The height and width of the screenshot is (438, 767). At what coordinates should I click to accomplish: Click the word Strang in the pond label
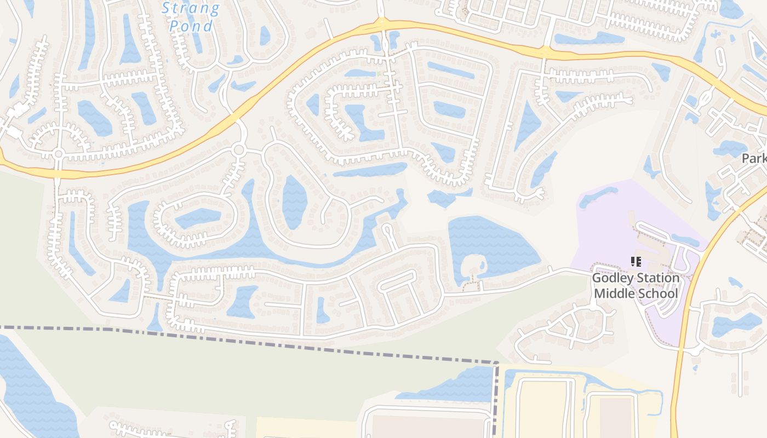(x=191, y=8)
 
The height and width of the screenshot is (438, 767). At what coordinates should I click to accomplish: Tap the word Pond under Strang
(x=191, y=26)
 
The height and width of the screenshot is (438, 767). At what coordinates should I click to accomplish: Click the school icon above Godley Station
(x=636, y=262)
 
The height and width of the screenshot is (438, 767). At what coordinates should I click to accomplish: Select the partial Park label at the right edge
(x=754, y=159)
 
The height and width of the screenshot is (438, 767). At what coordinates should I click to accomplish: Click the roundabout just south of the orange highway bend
(x=238, y=149)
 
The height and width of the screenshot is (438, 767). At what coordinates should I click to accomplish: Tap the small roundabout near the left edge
(x=58, y=153)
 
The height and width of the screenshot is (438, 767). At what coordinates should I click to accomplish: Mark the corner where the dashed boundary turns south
(x=496, y=363)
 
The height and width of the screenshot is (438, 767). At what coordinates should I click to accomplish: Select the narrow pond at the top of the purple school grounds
(x=597, y=197)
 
